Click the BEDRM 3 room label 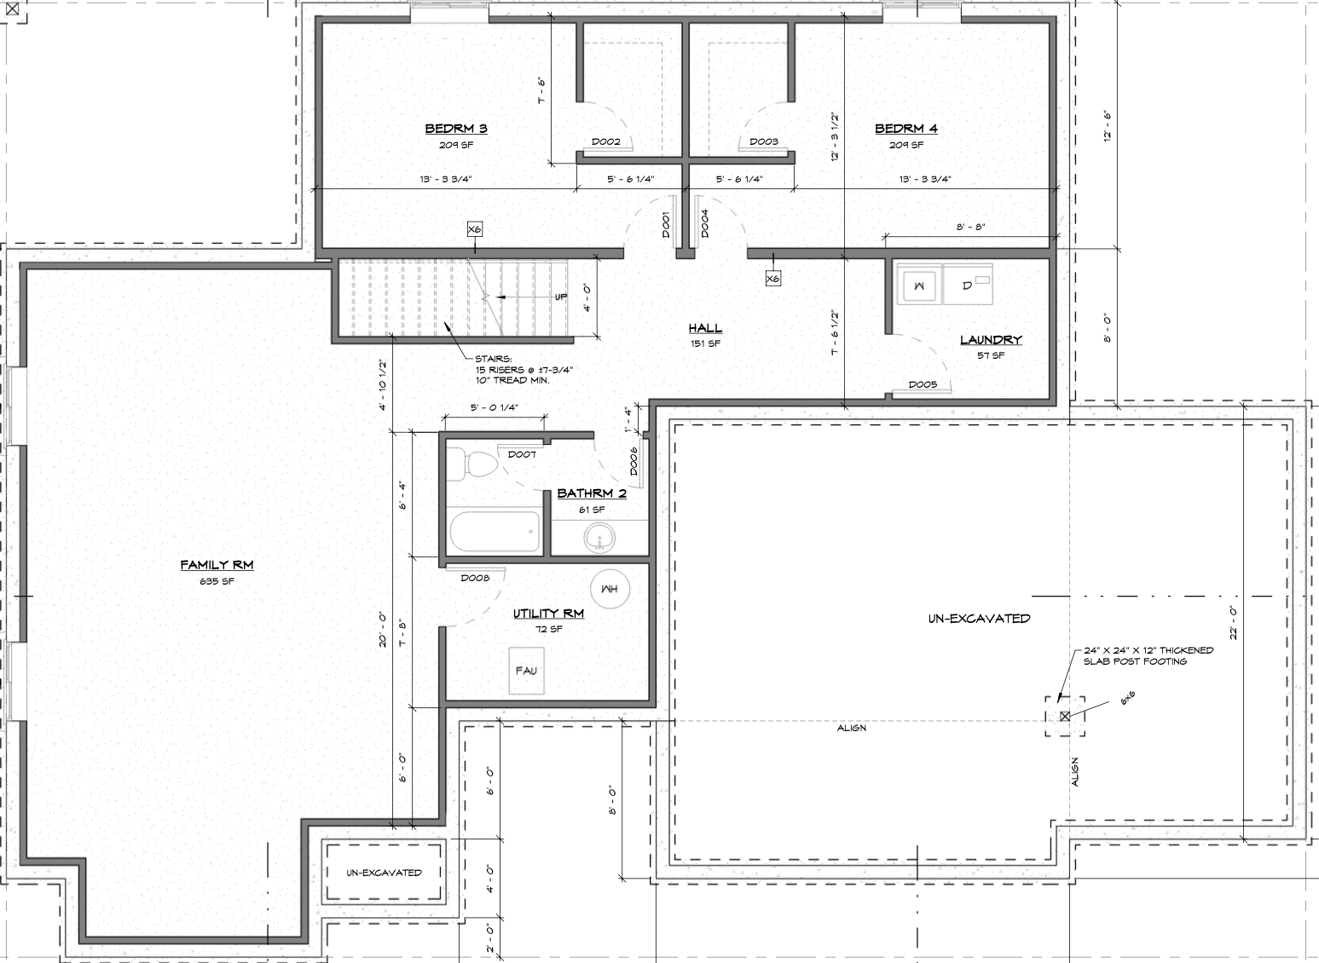tap(456, 129)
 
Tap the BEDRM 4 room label tap(905, 129)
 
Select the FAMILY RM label tap(217, 565)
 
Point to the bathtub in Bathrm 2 tap(495, 532)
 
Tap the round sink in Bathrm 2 tap(599, 538)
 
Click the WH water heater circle tap(610, 589)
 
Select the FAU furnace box tap(526, 671)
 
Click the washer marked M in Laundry tap(918, 285)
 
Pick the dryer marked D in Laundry tap(968, 285)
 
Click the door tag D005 tap(923, 384)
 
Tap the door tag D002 tap(606, 141)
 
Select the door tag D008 tap(475, 578)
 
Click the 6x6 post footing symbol tap(1065, 717)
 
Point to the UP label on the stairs tap(560, 297)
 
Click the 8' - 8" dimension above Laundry tap(970, 227)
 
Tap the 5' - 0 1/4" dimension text tap(494, 407)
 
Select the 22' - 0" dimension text tap(1233, 623)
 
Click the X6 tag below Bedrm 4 tap(772, 279)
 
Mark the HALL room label tap(705, 328)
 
